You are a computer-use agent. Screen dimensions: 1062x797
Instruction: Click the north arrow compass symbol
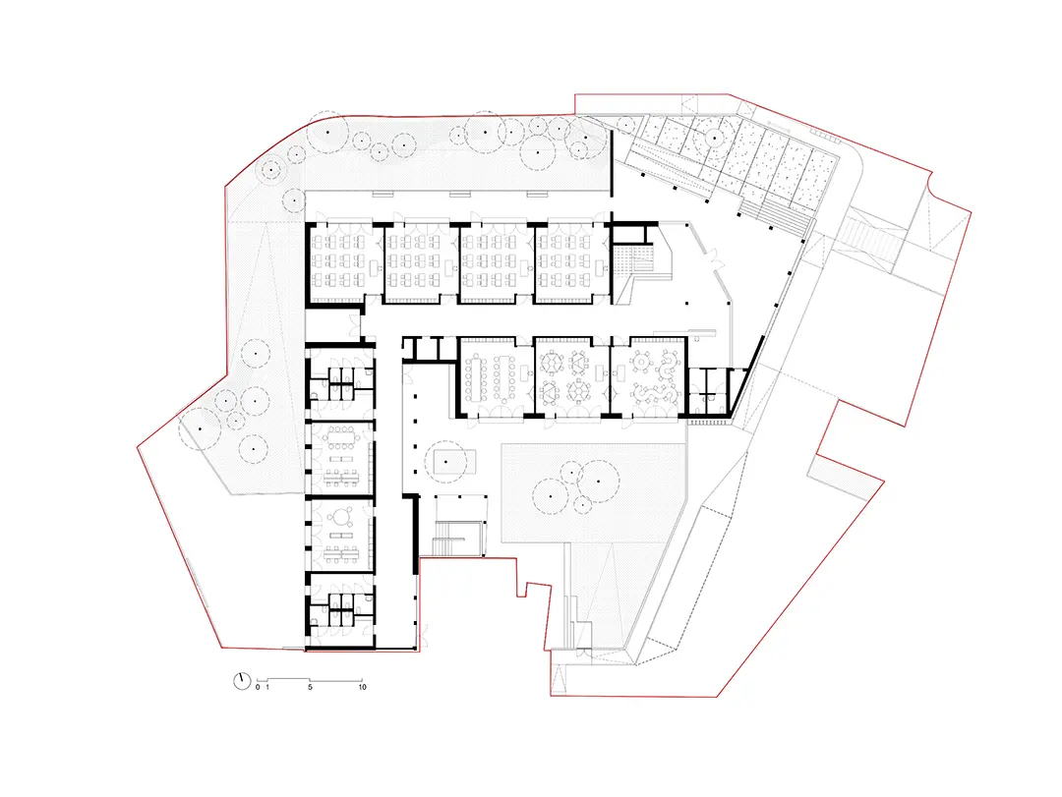point(242,680)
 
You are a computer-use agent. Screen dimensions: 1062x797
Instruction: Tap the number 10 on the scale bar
point(362,687)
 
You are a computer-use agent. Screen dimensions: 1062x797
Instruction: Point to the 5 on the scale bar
point(310,687)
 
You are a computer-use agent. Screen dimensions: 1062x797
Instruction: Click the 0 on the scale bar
point(258,687)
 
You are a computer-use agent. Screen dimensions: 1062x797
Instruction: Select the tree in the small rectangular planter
point(445,462)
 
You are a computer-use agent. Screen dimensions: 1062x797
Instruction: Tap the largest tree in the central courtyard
point(599,482)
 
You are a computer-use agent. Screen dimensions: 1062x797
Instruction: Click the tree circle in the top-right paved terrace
point(715,139)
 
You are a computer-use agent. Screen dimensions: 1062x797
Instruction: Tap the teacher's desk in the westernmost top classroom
point(374,265)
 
